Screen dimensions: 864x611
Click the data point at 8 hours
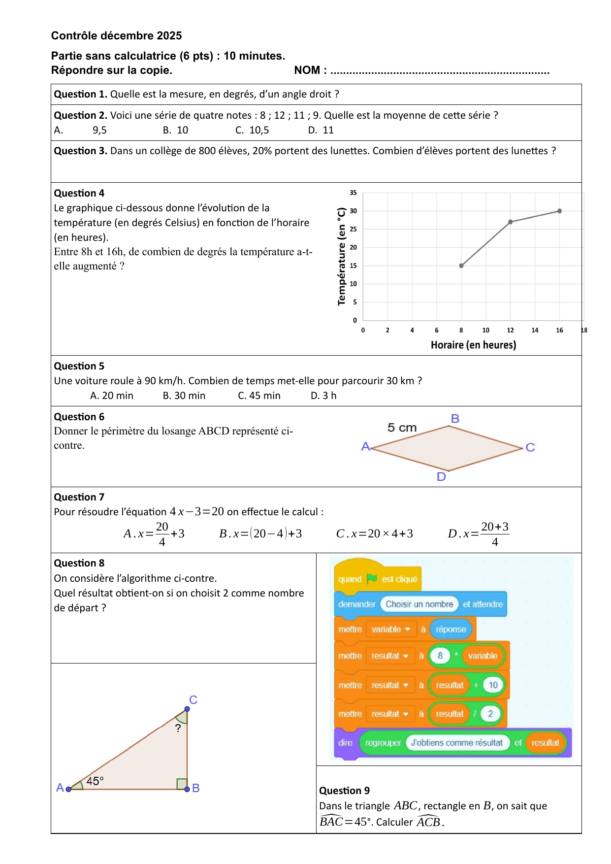tap(461, 266)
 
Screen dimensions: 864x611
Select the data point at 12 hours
tap(511, 222)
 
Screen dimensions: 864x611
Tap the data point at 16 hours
tap(559, 211)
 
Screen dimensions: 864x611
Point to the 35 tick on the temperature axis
tap(353, 193)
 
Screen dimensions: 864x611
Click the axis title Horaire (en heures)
tap(473, 345)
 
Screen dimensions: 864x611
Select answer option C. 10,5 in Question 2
tap(253, 130)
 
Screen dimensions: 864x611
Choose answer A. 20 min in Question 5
tap(112, 396)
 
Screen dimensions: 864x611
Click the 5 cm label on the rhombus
tap(402, 428)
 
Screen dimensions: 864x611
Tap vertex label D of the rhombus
tap(441, 477)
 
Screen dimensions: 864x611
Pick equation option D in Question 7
tap(478, 534)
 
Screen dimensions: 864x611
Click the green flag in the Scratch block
tap(372, 579)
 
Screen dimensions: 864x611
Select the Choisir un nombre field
tap(419, 604)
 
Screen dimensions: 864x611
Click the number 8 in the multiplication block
tap(440, 656)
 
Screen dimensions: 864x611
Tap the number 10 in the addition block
tap(493, 685)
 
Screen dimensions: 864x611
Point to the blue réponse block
tap(450, 630)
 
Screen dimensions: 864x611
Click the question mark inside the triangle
tap(178, 728)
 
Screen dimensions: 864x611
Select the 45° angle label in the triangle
tap(95, 781)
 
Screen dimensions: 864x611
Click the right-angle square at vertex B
tap(182, 784)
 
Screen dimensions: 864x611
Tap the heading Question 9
tap(344, 791)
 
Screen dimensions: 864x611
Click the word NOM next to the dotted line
tap(307, 70)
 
